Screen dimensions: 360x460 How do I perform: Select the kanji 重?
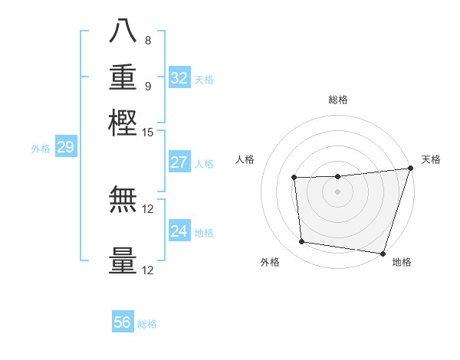pos(123,77)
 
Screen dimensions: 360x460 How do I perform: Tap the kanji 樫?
pos(123,123)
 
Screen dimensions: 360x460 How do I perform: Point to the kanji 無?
pos(123,201)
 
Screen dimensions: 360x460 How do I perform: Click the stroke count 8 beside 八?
pos(147,41)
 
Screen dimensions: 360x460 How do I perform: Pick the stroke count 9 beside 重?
pos(147,86)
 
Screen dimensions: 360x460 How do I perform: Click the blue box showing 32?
pos(179,78)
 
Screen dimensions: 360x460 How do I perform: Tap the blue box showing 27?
pos(179,162)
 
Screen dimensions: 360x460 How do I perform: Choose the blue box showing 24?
pos(179,231)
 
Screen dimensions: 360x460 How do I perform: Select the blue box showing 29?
pos(65,147)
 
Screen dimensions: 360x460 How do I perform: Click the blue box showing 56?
pos(123,322)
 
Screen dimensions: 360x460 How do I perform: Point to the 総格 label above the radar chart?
pos(337,100)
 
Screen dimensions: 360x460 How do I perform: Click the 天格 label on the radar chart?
pos(431,159)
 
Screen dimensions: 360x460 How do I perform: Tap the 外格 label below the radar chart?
pos(270,263)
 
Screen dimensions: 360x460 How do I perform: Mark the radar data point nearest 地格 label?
pos(383,253)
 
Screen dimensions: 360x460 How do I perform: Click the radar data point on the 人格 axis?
pos(294,178)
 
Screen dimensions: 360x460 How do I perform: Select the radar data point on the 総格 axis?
pos(337,177)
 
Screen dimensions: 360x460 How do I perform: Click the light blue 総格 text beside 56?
pos(147,324)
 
